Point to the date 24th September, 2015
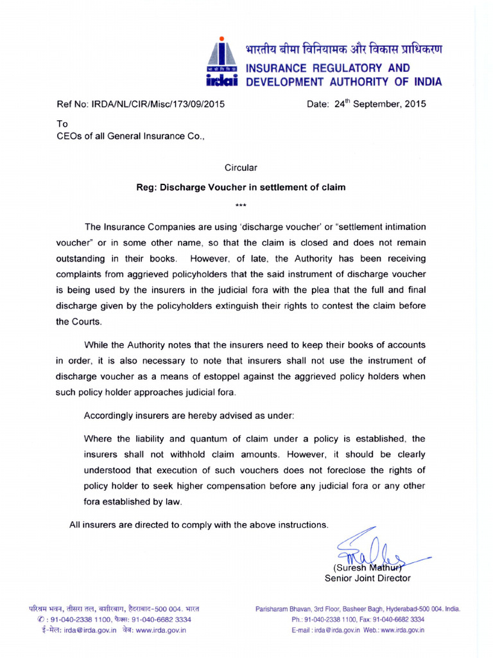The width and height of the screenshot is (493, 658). pyautogui.click(x=366, y=103)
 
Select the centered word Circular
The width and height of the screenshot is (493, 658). pyautogui.click(x=241, y=168)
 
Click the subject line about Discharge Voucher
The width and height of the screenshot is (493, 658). pyautogui.click(x=241, y=188)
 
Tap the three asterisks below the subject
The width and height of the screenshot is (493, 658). pyautogui.click(x=241, y=206)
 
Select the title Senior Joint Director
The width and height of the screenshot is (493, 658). pyautogui.click(x=367, y=578)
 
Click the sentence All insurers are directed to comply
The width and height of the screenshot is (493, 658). pyautogui.click(x=198, y=525)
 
